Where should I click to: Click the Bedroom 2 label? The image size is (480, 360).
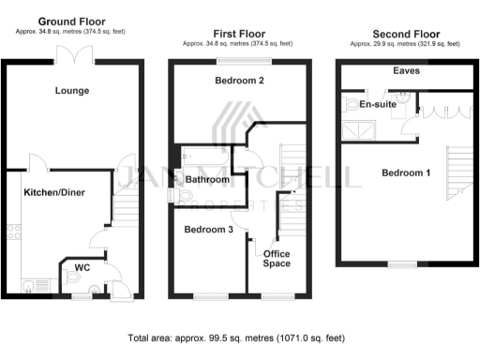pyautogui.click(x=239, y=82)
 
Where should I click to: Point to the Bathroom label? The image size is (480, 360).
pyautogui.click(x=207, y=178)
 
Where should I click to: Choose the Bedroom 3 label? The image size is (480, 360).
pyautogui.click(x=208, y=230)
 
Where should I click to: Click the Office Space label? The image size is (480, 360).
pyautogui.click(x=277, y=259)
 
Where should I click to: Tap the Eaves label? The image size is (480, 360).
pyautogui.click(x=406, y=70)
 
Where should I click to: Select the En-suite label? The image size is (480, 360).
pyautogui.click(x=378, y=104)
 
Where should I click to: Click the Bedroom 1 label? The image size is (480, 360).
pyautogui.click(x=407, y=173)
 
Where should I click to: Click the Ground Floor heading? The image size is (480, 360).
pyautogui.click(x=71, y=22)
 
